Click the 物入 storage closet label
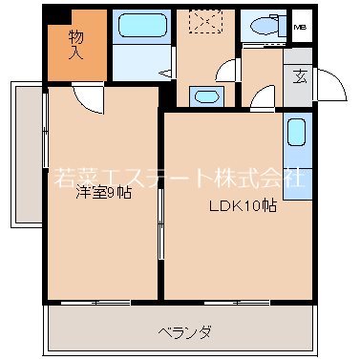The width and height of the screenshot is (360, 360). (76, 44)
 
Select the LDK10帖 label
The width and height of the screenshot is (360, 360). (244, 204)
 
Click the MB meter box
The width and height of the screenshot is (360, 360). (300, 27)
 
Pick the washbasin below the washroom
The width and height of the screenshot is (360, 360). (204, 95)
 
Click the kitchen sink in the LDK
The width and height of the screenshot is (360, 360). (296, 131)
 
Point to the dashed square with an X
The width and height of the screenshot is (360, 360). (202, 21)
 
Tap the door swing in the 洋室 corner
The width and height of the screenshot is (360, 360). (86, 96)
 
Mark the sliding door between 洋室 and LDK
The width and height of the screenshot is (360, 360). (160, 225)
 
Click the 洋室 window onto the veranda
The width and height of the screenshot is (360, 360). (101, 303)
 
